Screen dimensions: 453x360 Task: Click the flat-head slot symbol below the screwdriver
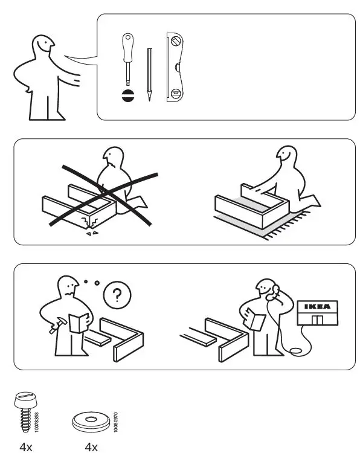pos(127,95)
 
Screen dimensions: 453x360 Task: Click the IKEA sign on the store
pos(317,306)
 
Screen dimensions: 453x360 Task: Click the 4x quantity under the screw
pos(25,447)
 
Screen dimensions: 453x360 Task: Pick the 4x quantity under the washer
pos(91,447)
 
